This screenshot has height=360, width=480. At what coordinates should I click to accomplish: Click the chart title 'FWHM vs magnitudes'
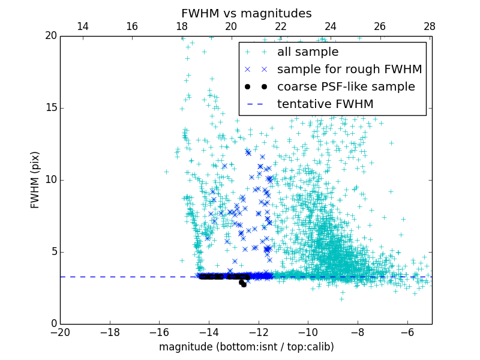click(x=246, y=13)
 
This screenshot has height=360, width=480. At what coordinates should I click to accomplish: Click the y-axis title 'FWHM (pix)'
click(x=35, y=180)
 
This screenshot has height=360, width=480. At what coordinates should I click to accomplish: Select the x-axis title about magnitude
click(x=246, y=347)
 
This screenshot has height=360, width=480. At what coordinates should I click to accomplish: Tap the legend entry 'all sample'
click(x=308, y=52)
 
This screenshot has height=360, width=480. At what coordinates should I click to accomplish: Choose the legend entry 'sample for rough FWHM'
click(x=349, y=70)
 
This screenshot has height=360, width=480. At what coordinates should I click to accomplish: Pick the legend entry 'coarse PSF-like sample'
click(x=346, y=87)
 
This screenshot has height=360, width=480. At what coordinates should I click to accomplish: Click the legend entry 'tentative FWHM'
click(x=325, y=104)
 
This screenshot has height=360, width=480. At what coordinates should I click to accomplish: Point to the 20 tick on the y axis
click(x=50, y=36)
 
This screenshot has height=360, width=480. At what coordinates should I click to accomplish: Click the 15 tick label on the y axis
click(x=50, y=108)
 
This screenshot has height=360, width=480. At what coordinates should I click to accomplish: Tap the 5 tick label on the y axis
click(x=53, y=252)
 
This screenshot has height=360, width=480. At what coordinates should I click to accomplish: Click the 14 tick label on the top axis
click(x=83, y=26)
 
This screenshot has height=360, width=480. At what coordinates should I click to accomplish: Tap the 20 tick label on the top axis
click(x=231, y=26)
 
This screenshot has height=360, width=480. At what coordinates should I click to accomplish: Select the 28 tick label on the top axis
click(x=429, y=26)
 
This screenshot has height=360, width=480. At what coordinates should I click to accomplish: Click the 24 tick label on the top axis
click(x=330, y=26)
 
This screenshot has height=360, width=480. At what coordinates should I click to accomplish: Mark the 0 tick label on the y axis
click(x=53, y=324)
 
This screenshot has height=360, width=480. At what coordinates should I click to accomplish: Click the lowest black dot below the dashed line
click(x=244, y=284)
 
